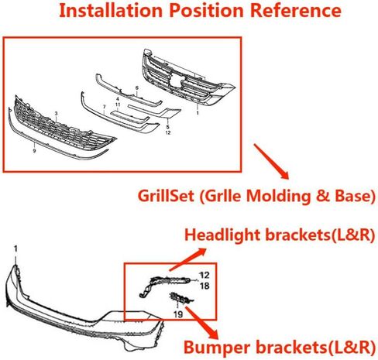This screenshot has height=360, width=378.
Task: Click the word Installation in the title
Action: [111, 10]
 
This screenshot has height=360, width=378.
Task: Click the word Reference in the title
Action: [296, 10]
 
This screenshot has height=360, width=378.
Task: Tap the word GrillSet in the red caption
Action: [166, 196]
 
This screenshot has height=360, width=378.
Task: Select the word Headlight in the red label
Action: [222, 235]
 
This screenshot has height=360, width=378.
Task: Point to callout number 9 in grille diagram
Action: [34, 151]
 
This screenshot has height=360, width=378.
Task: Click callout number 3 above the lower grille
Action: [57, 114]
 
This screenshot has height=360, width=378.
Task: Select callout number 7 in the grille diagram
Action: [105, 107]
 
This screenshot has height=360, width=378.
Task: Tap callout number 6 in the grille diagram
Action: [137, 88]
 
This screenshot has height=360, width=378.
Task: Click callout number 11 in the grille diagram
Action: [118, 105]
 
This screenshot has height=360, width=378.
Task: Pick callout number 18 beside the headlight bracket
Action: [204, 286]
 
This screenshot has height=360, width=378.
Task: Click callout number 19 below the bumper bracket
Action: [178, 314]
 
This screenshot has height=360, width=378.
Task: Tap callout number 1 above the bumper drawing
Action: [15, 249]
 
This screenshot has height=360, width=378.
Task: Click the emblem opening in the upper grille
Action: [177, 79]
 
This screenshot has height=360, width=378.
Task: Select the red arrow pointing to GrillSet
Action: [271, 161]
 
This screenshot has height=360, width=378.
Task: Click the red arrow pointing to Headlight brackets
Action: [187, 259]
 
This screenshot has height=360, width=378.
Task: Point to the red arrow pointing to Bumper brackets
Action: [202, 322]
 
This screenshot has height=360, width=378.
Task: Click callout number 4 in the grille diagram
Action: [118, 99]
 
